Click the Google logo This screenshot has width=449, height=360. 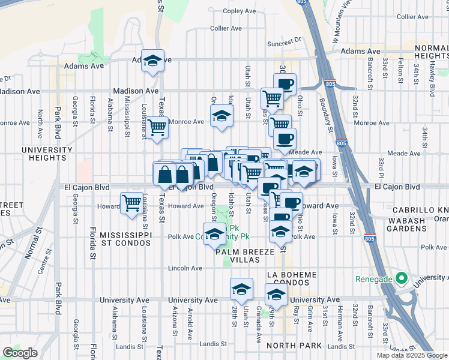point(20,353)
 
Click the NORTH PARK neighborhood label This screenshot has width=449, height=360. point(295,346)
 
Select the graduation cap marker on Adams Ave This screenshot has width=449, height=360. point(153,60)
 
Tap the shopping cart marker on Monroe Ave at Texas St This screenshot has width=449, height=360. point(157,127)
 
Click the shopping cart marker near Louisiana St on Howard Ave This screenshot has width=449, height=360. point(131,202)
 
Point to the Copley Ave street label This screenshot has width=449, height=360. point(240,11)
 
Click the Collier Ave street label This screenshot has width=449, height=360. point(226,28)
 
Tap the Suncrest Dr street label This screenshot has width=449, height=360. point(284,43)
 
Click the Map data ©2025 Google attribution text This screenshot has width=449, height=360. point(412,355)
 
